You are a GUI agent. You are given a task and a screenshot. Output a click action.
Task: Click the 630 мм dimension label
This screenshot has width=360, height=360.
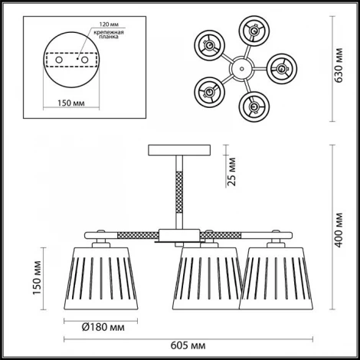pos(339,65)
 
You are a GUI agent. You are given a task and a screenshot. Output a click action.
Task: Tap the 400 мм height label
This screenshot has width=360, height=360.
pos(339,230)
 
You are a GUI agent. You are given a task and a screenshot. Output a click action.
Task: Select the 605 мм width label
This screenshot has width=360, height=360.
pos(188,345)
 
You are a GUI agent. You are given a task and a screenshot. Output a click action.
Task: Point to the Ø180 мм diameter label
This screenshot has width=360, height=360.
pos(103,327)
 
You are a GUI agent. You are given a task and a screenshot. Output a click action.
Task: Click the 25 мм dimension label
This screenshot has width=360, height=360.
pos(232,172)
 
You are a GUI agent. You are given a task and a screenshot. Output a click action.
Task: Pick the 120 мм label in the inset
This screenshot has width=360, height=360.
pos(109,25)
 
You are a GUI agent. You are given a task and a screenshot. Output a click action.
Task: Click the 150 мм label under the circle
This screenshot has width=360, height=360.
pos(71,103)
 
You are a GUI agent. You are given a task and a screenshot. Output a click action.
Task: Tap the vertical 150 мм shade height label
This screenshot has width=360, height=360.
pos(38,278)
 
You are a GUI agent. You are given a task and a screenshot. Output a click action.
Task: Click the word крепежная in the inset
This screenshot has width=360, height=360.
pos(109,32)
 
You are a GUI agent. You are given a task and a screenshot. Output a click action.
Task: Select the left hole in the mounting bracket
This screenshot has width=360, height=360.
pos(59,60)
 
